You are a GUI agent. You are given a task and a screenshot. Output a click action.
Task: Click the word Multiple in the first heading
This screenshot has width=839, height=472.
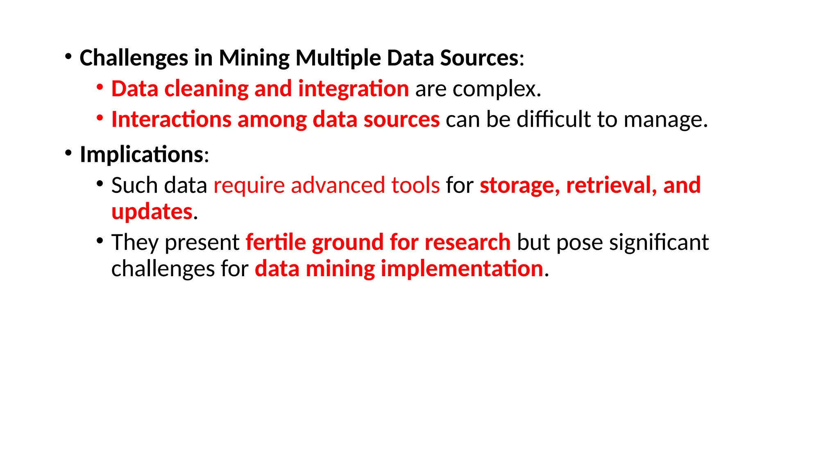pos(338,58)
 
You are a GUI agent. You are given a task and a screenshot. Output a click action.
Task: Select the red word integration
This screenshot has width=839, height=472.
pos(353,89)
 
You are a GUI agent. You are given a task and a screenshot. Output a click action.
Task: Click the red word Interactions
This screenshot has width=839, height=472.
pos(171,120)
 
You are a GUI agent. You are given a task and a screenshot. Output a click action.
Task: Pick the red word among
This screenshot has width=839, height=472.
pos(272,120)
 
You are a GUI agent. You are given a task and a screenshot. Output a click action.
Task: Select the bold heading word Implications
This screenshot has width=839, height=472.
pos(141,154)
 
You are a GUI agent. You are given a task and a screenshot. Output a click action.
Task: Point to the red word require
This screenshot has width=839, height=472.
pos(249,185)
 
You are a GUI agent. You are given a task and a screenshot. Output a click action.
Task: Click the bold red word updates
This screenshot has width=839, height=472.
pos(152,212)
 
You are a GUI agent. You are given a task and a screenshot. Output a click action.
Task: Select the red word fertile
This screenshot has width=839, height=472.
pos(276,242)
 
